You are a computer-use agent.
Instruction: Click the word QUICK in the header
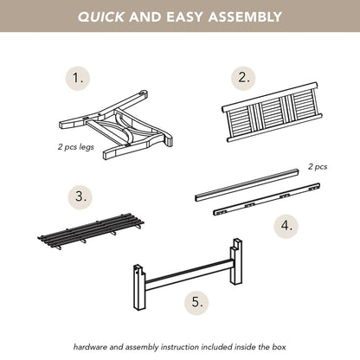[x=101, y=16]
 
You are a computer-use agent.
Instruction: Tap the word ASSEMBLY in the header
[x=245, y=16]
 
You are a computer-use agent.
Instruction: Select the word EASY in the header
[x=185, y=16]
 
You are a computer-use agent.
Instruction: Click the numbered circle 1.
[x=78, y=79]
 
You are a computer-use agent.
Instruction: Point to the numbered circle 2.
[x=244, y=78]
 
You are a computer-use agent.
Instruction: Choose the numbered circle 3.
[x=80, y=197]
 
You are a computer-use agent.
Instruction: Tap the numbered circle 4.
[x=286, y=226]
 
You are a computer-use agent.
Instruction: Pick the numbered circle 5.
[x=197, y=303]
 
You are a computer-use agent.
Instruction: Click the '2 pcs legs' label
[x=76, y=147]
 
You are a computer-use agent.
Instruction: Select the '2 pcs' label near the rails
[x=318, y=167]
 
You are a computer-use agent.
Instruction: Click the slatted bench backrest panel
[x=272, y=112]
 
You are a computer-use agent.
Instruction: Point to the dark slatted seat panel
[x=91, y=231]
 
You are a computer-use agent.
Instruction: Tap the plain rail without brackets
[x=247, y=185]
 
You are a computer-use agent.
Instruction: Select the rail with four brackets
[x=267, y=199]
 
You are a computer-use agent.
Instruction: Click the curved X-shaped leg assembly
[x=115, y=125]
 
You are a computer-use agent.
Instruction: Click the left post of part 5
[x=140, y=287]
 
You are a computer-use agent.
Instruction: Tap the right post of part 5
[x=236, y=261]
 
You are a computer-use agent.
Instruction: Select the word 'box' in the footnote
[x=279, y=347]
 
